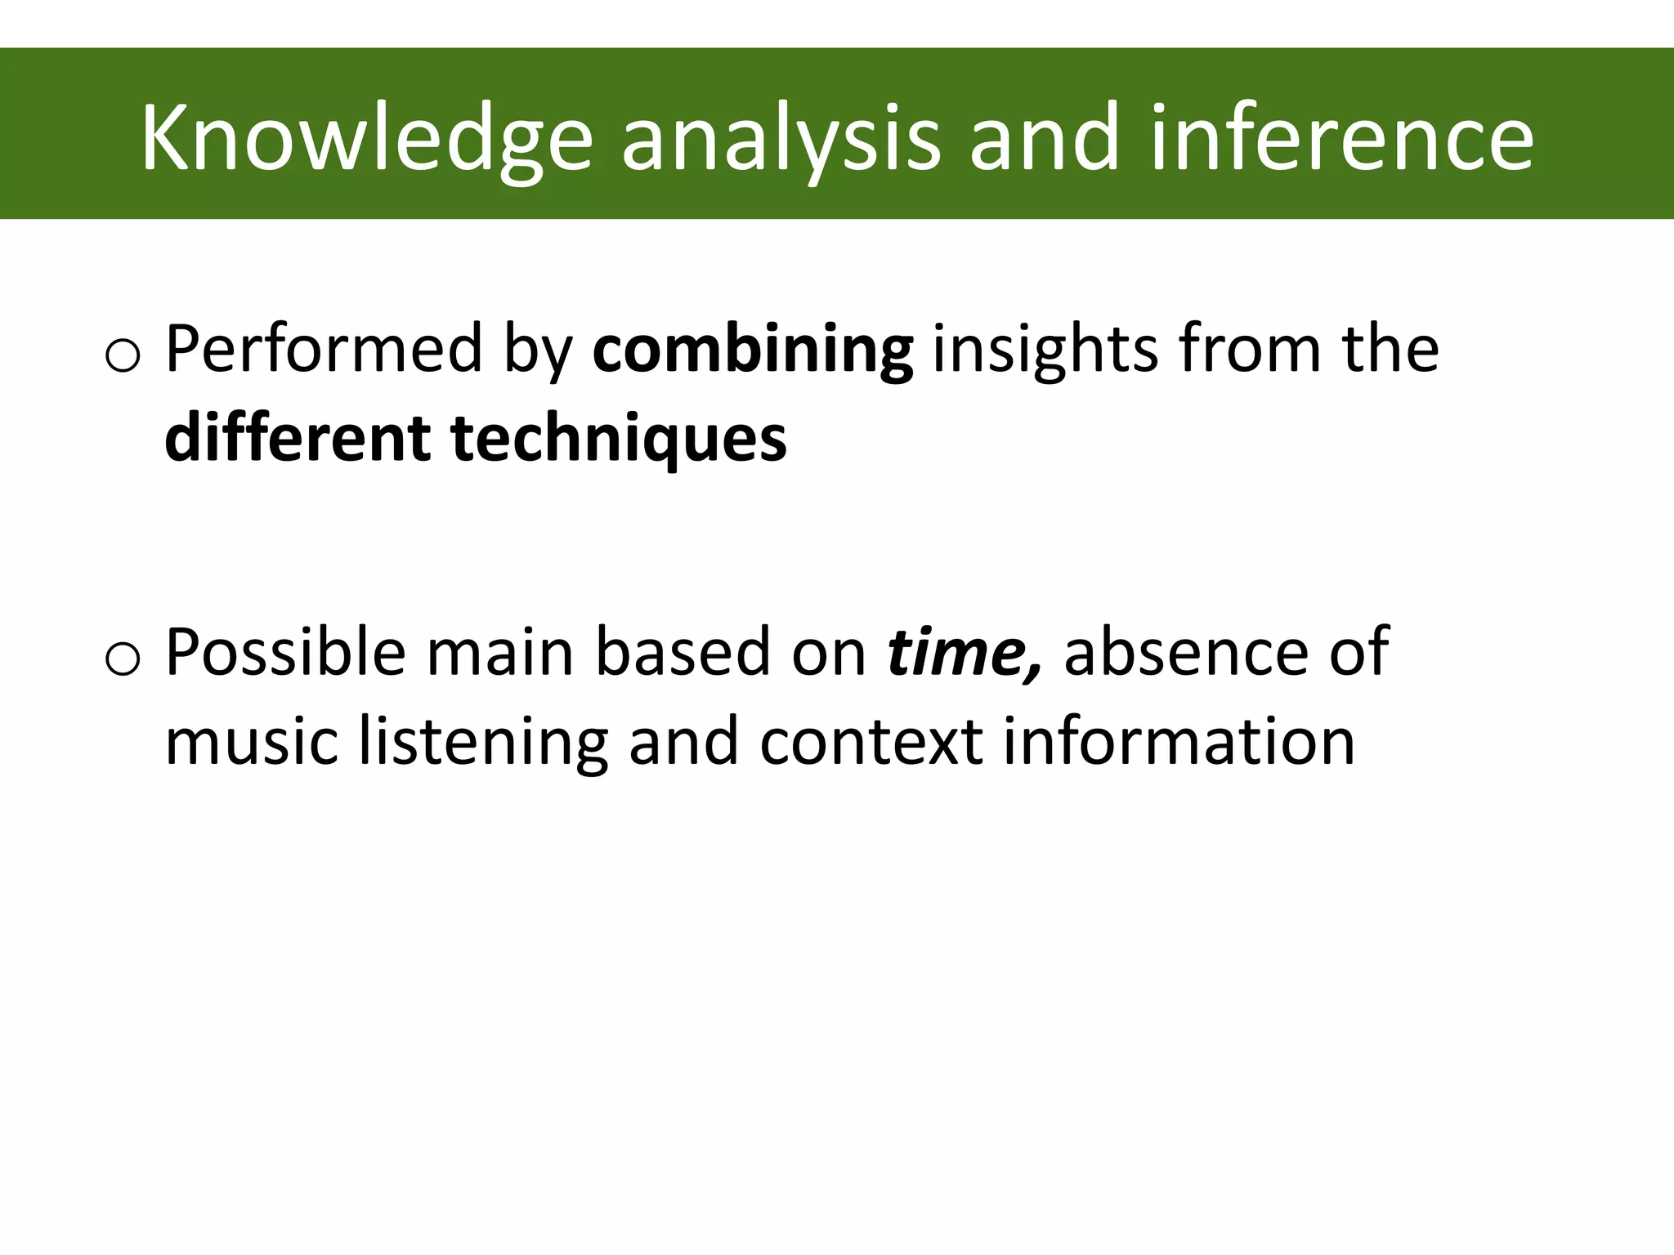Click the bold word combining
pyautogui.click(x=752, y=351)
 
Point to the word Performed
pyautogui.click(x=324, y=349)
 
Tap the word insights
pyautogui.click(x=1045, y=351)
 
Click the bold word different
pyautogui.click(x=298, y=438)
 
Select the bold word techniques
pyautogui.click(x=619, y=440)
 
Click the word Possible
pyautogui.click(x=285, y=652)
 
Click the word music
pyautogui.click(x=252, y=741)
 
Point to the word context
pyautogui.click(x=871, y=741)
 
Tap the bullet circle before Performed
pyautogui.click(x=123, y=356)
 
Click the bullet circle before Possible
pyautogui.click(x=123, y=659)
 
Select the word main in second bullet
pyautogui.click(x=499, y=652)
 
